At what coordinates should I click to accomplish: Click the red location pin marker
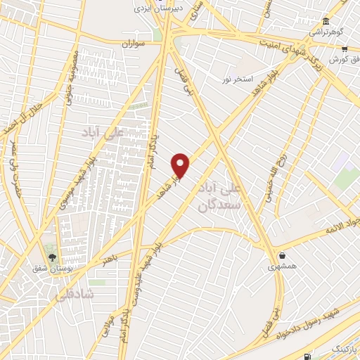[181, 165]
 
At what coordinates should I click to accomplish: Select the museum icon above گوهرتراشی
[325, 21]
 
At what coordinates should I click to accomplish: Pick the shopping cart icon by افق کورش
[345, 49]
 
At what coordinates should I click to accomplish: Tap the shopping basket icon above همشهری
[282, 255]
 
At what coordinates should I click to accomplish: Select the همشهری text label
[282, 267]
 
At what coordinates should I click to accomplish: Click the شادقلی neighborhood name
[73, 295]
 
